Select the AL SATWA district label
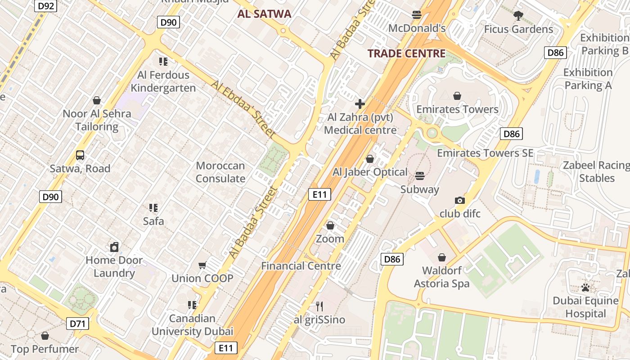[x=265, y=14]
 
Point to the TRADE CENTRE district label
[x=406, y=54]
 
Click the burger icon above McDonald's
[x=417, y=15]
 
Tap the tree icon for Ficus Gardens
[x=518, y=16]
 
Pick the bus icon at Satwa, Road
[x=80, y=156]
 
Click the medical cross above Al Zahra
[x=360, y=104]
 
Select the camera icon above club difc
[x=460, y=200]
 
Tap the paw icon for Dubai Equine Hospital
[x=585, y=287]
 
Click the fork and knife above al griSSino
[x=319, y=306]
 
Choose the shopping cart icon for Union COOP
[x=202, y=265]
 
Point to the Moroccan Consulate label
[x=220, y=172]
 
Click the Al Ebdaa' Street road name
[x=243, y=109]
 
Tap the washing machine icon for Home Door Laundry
[x=114, y=247]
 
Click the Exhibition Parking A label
[x=588, y=79]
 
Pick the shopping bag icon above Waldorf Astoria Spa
[x=442, y=257]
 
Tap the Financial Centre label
[x=301, y=266]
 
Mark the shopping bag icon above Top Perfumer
[x=45, y=336]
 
